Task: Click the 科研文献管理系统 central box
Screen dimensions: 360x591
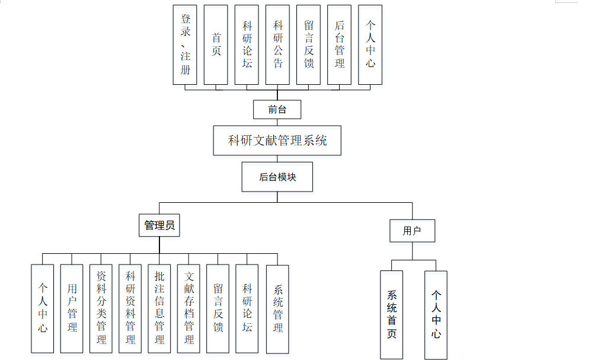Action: click(x=277, y=141)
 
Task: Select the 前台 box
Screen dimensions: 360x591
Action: click(x=277, y=110)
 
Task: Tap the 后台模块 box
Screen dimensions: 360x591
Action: click(x=277, y=177)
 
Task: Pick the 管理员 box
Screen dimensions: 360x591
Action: click(x=159, y=225)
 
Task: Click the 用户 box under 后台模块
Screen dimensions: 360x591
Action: click(x=412, y=231)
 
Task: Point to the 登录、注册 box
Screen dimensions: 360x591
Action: click(x=185, y=44)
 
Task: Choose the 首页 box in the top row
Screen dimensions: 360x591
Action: click(x=216, y=44)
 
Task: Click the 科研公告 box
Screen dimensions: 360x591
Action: click(x=277, y=44)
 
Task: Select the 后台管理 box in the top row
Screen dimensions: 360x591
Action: click(x=340, y=44)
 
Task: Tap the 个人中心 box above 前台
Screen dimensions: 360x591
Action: click(x=370, y=44)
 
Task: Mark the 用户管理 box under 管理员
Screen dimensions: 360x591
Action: click(x=72, y=308)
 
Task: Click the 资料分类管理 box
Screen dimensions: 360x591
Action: click(x=101, y=308)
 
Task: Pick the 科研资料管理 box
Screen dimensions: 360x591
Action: click(x=130, y=308)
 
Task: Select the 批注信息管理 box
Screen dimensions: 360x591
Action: click(x=159, y=308)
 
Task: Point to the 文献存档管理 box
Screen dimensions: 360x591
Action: click(x=189, y=308)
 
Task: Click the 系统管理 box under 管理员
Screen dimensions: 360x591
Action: click(x=277, y=308)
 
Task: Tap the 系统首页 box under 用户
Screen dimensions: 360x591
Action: click(x=391, y=314)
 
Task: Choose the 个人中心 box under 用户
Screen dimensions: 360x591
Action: click(x=436, y=314)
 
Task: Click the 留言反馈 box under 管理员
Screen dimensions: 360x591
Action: click(x=218, y=308)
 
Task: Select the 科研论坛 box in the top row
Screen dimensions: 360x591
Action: click(x=247, y=44)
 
